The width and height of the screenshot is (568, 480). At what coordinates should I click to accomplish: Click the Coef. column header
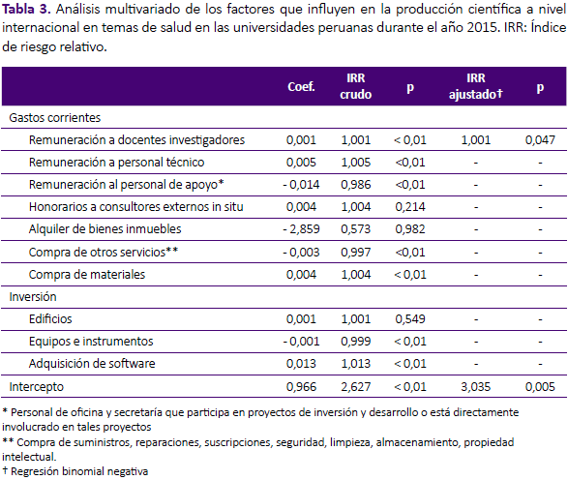(301, 86)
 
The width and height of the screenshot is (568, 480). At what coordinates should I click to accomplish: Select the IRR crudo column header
(356, 86)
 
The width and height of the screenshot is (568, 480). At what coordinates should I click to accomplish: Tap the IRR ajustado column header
(476, 86)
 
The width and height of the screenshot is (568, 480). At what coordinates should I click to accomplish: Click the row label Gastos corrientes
(55, 118)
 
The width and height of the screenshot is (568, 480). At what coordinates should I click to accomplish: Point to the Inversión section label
(33, 297)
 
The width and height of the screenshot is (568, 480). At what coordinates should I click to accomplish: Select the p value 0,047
(540, 140)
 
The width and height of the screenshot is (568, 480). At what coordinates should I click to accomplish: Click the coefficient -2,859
(301, 229)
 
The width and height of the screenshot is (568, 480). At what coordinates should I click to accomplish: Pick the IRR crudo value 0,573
(356, 229)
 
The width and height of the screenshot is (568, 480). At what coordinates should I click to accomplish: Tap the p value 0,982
(410, 229)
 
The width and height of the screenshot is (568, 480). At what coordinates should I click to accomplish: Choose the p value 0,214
(410, 207)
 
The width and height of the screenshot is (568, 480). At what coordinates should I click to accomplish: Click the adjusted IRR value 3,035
(476, 387)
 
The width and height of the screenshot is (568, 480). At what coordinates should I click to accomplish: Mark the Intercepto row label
(36, 387)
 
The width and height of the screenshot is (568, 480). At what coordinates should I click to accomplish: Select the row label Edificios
(50, 319)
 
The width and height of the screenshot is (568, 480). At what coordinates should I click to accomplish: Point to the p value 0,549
(410, 319)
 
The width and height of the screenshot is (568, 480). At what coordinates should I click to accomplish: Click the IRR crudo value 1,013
(356, 364)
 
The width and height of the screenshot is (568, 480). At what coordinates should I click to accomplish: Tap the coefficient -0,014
(301, 185)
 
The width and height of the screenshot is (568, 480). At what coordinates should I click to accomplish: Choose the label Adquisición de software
(92, 364)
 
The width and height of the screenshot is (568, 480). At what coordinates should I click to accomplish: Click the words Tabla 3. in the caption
(26, 9)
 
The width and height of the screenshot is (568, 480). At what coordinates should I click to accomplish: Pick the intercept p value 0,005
(540, 387)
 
